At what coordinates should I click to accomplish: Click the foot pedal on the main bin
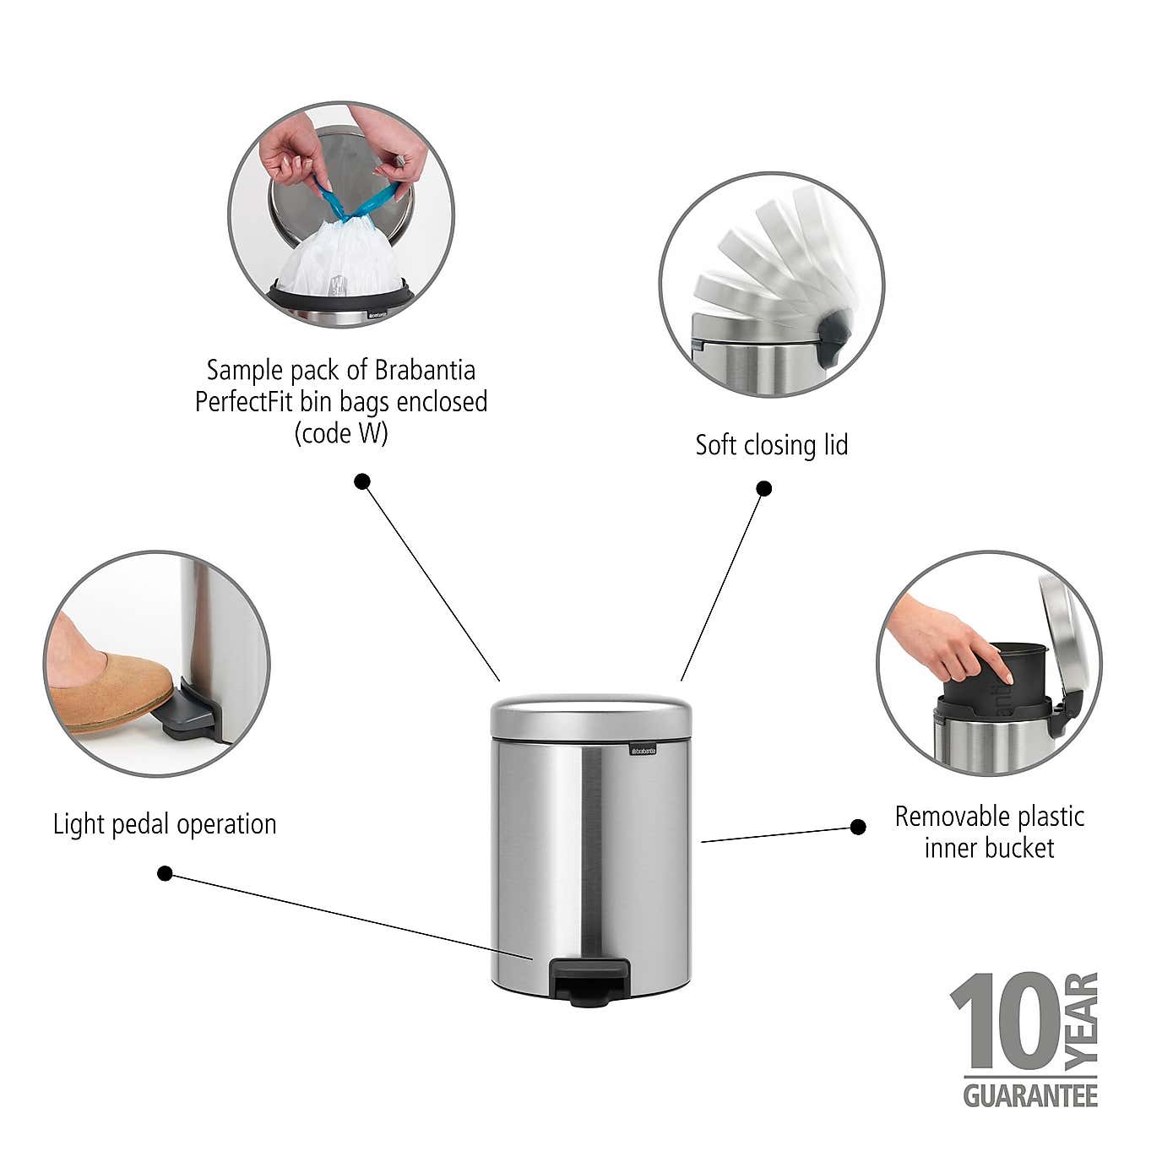point(589,982)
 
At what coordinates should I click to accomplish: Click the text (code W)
point(340,433)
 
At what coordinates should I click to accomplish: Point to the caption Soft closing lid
point(771,445)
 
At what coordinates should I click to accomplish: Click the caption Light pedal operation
point(165,824)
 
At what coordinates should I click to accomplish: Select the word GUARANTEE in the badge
point(1030,1095)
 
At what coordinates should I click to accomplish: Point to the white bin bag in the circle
point(339,262)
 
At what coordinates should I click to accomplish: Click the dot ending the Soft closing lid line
point(763,488)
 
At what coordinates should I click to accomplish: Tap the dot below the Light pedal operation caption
point(166,873)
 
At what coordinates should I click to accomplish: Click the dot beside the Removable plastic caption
point(858,827)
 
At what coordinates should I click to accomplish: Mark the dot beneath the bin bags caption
point(362,482)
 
